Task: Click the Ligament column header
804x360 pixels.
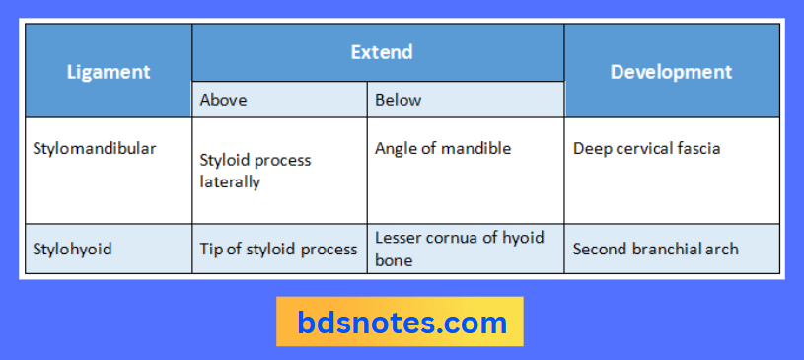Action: (109, 72)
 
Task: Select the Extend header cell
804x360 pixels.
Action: (381, 52)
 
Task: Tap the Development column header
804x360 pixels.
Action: (671, 72)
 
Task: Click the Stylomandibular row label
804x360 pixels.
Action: (95, 149)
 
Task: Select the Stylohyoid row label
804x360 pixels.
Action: (72, 250)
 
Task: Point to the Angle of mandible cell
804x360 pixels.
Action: (443, 149)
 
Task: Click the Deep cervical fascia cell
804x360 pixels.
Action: (646, 149)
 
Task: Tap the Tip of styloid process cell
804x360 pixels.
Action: (278, 250)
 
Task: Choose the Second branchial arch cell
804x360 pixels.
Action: (655, 250)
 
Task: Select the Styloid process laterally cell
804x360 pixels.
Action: (255, 171)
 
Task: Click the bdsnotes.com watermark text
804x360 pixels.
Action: (402, 322)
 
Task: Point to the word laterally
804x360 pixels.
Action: (230, 182)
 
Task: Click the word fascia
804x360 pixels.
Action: (696, 149)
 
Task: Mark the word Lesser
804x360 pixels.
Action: (398, 238)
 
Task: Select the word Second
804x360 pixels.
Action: (599, 250)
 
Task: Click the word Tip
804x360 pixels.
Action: (211, 250)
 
